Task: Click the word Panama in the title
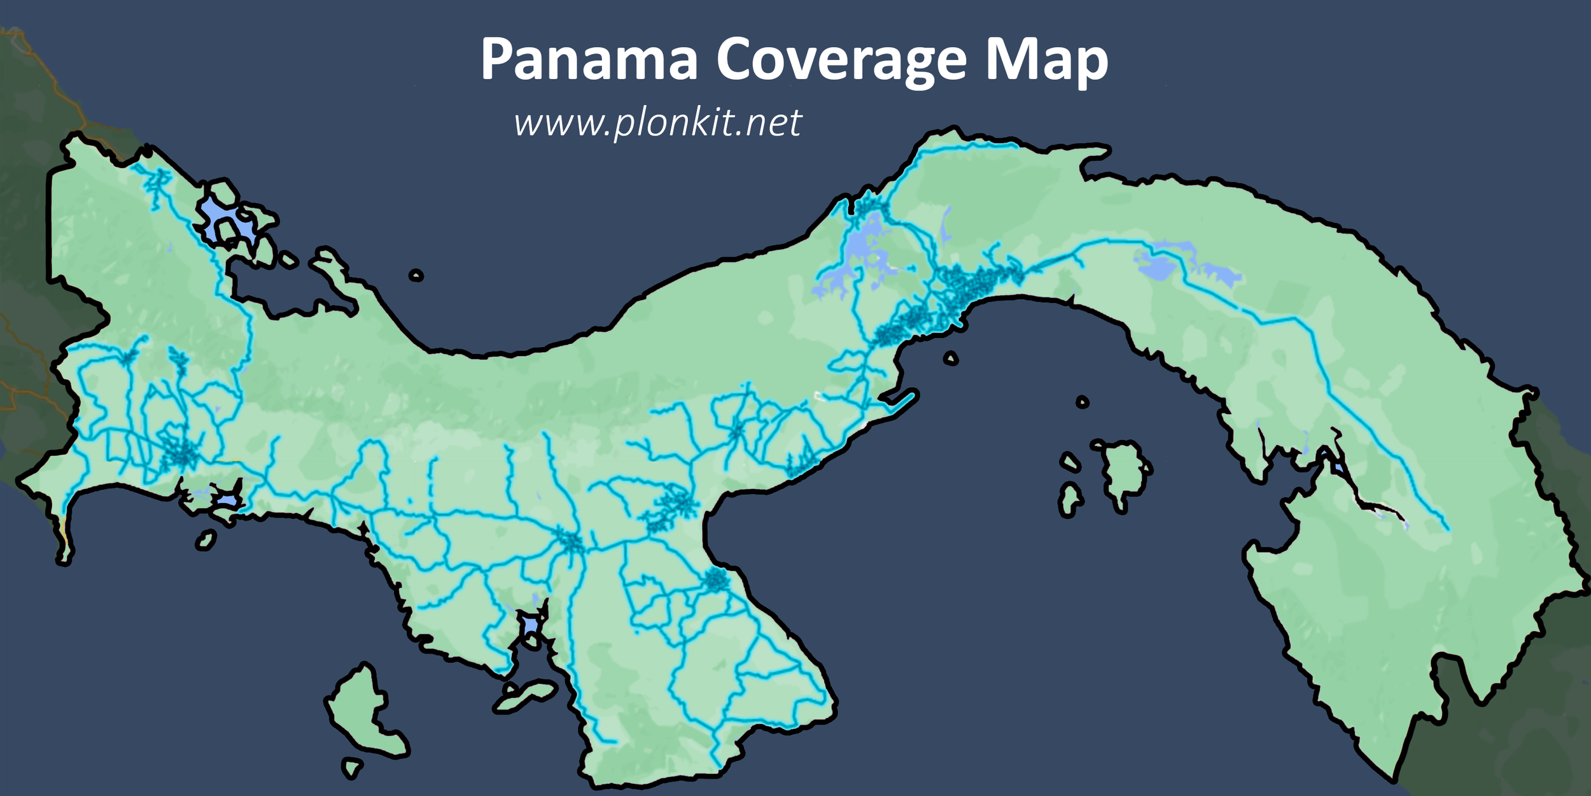pos(589,60)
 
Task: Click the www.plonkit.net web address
pos(657,122)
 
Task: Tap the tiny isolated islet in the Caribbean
pos(416,275)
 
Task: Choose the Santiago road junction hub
pos(571,542)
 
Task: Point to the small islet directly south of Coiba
pos(351,767)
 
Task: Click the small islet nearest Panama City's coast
pos(950,359)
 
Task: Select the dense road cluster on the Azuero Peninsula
pos(715,580)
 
